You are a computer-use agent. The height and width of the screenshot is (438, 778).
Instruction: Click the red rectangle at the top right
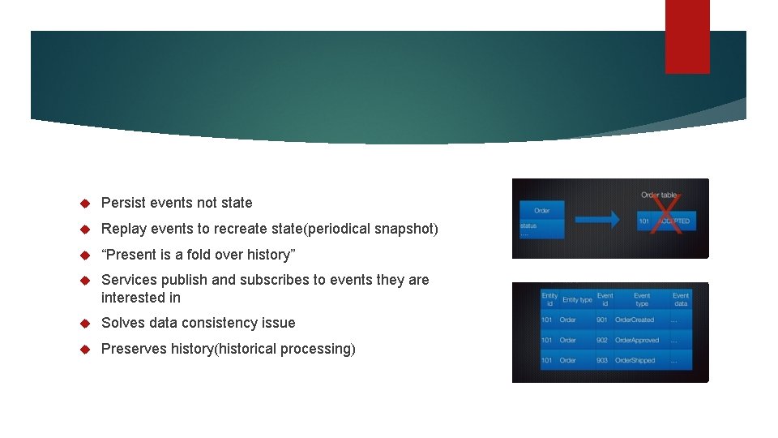pyautogui.click(x=687, y=36)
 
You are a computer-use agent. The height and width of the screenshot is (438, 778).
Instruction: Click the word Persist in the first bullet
pyautogui.click(x=123, y=203)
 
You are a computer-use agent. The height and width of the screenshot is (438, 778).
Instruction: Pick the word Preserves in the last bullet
pyautogui.click(x=130, y=349)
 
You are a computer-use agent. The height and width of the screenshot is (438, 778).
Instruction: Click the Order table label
pyautogui.click(x=658, y=195)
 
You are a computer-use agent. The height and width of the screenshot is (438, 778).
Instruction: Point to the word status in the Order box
pyautogui.click(x=528, y=225)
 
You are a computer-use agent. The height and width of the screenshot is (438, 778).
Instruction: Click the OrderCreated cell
pyautogui.click(x=634, y=320)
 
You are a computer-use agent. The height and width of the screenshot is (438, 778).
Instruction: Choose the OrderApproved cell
pyautogui.click(x=636, y=341)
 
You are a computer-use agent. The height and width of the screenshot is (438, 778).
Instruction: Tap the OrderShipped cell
pyautogui.click(x=635, y=360)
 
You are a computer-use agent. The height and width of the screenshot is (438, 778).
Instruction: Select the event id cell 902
pyautogui.click(x=602, y=341)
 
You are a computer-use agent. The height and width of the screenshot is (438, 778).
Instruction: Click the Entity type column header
pyautogui.click(x=577, y=300)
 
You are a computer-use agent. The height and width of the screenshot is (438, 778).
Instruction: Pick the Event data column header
pyautogui.click(x=681, y=299)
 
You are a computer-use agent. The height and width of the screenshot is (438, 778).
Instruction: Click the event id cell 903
pyautogui.click(x=602, y=360)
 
